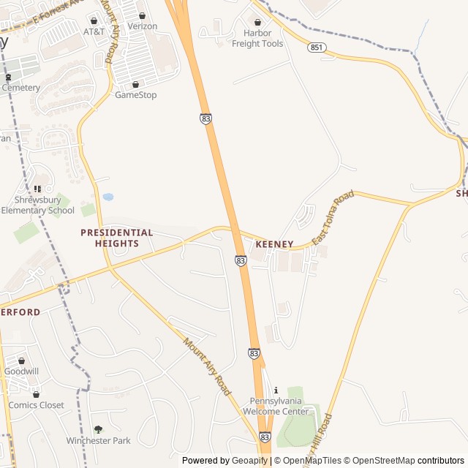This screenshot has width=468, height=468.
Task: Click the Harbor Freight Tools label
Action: point(257,38)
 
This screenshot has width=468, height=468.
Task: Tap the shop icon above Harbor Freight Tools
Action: point(257,22)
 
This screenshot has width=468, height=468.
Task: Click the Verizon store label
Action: point(142,26)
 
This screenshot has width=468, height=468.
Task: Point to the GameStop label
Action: point(135,95)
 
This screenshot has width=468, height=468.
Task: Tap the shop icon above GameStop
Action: point(135,84)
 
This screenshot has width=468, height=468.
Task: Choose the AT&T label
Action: point(94,31)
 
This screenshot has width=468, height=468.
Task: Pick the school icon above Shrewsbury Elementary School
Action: point(37,189)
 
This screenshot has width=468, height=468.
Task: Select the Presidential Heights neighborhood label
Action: point(117,238)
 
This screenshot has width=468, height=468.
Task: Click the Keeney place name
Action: point(274,244)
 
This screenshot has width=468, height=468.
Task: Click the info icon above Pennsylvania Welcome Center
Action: point(276,390)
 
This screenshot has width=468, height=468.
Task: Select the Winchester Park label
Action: point(98,440)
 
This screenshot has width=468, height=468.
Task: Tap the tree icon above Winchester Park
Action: point(98,429)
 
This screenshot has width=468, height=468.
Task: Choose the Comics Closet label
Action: point(36,405)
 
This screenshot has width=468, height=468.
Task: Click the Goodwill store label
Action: point(21,371)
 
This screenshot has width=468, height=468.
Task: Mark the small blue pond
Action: point(108,197)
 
